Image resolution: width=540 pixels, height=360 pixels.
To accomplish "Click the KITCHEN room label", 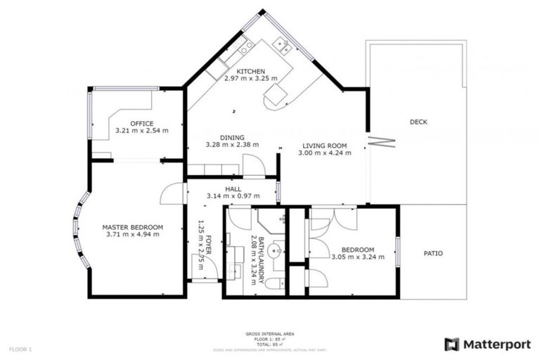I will click(250, 71).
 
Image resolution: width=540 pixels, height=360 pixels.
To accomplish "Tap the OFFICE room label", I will click(141, 123).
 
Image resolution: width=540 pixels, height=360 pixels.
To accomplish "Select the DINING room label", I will click(231, 137).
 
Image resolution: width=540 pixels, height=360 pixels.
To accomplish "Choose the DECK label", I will click(418, 122).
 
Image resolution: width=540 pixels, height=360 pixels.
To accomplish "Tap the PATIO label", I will click(432, 253).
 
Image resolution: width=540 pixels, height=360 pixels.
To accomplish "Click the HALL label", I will click(233, 188).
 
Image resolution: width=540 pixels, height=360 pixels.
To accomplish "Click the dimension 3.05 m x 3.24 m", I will click(358, 257).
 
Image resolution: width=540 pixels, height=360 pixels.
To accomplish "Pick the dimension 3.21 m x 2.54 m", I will click(141, 131).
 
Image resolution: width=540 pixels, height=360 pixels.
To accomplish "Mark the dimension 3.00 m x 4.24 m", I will click(323, 153).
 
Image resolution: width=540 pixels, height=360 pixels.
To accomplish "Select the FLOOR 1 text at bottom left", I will click(20, 349).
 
